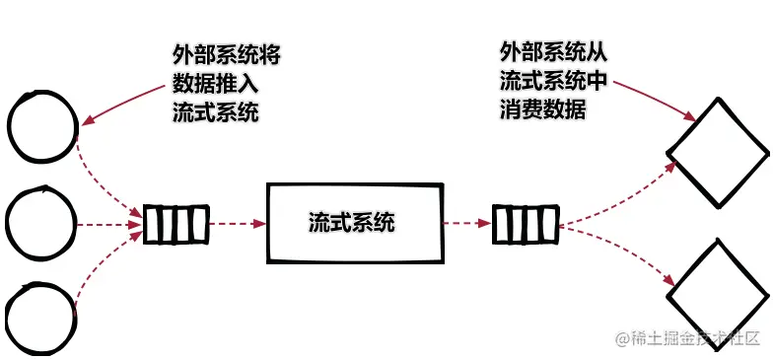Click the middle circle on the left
pyautogui.click(x=40, y=224)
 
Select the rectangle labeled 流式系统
pyautogui.click(x=352, y=223)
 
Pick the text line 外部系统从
pyautogui.click(x=555, y=51)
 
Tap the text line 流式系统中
pyautogui.click(x=555, y=80)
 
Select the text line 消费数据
pyautogui.click(x=543, y=108)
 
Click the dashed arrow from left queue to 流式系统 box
pyautogui.click(x=238, y=224)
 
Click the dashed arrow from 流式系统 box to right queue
pyautogui.click(x=465, y=224)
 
